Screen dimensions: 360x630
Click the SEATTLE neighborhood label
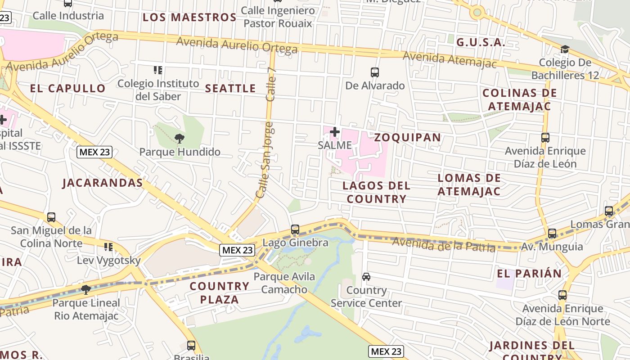[x=230, y=88]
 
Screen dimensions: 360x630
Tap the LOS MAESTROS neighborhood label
[x=189, y=18]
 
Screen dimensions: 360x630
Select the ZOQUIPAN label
[x=408, y=137]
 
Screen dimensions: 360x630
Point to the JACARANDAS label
[x=103, y=183]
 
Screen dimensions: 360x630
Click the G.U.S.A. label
[x=481, y=42]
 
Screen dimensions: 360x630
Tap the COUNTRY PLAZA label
[x=220, y=292]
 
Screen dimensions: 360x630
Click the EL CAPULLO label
[x=68, y=88]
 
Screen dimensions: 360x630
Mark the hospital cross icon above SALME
[x=334, y=132]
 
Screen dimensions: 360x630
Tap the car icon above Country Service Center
[x=366, y=277]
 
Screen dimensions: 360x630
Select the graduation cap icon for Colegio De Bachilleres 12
[x=565, y=49]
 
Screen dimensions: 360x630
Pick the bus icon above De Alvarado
[x=374, y=72]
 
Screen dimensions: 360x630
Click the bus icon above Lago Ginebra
[x=295, y=229]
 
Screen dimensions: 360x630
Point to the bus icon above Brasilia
[x=191, y=346]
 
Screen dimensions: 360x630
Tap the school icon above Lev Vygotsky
[x=108, y=247]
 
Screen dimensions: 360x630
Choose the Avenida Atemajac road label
[x=450, y=59]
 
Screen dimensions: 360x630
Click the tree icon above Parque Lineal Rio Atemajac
[x=86, y=289]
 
